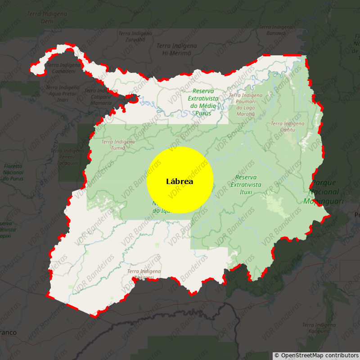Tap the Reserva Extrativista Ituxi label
(246, 184)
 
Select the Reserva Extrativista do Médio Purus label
(203, 102)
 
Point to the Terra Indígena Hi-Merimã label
(176, 49)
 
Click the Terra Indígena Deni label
(47, 18)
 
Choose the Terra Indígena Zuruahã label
(132, 36)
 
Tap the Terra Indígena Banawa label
(276, 30)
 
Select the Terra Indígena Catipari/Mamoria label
(101, 97)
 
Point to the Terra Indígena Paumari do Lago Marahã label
(245, 105)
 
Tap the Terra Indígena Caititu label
(288, 126)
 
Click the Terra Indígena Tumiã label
(118, 144)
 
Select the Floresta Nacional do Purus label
(13, 172)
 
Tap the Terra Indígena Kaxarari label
(144, 274)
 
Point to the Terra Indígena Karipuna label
(319, 328)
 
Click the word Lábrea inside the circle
(180, 182)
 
